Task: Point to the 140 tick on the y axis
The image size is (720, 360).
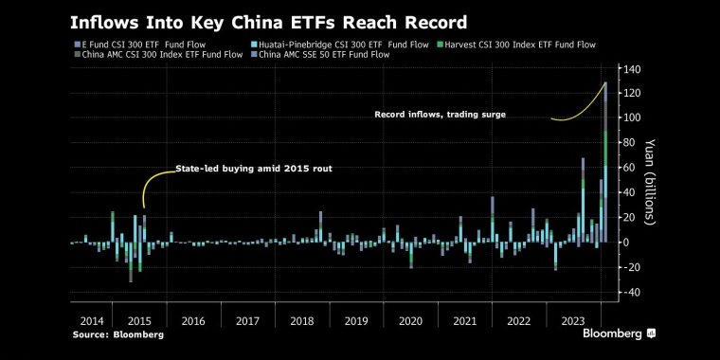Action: [x=632, y=68]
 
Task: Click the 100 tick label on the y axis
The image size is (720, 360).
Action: [x=632, y=117]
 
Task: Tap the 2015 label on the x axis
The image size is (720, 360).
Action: [x=139, y=321]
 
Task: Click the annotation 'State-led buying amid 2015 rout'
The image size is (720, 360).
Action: [x=254, y=169]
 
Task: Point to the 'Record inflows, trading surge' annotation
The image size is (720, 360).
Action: [x=440, y=115]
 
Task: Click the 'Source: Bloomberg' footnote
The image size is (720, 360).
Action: [x=118, y=334]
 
